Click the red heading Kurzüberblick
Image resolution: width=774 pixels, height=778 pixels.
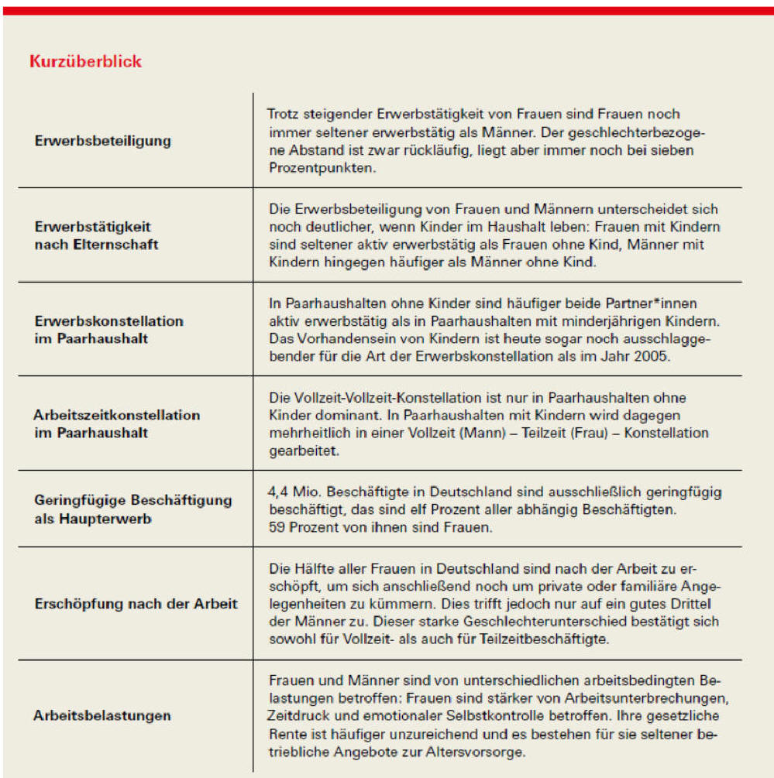[x=85, y=61]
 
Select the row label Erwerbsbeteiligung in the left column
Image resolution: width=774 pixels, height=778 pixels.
[x=103, y=140]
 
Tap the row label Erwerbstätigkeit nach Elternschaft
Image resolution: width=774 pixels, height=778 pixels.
[x=97, y=235]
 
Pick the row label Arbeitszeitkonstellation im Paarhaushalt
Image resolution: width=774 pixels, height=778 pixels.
[x=116, y=423]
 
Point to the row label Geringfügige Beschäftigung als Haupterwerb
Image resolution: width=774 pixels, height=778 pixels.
[x=132, y=509]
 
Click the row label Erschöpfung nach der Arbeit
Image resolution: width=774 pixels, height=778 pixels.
[x=136, y=604]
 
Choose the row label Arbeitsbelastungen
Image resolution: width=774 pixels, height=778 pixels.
[x=101, y=715]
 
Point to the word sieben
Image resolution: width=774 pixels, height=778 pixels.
[x=673, y=150]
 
